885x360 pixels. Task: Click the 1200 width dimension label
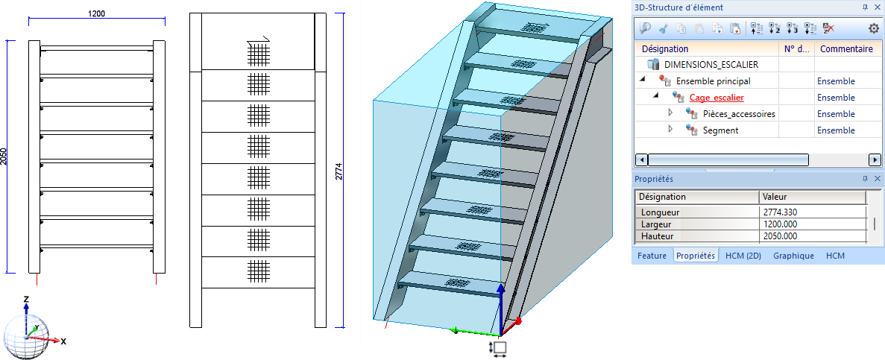point(96,13)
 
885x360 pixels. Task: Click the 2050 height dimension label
point(4,157)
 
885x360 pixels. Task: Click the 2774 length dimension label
point(339,171)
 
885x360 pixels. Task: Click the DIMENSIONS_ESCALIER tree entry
point(711,65)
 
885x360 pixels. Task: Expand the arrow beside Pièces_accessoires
point(670,113)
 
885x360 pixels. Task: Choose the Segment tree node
point(720,130)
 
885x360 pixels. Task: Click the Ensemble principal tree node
point(714,81)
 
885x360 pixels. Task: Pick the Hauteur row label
point(657,236)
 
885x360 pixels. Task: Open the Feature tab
point(652,256)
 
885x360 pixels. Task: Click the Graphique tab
point(793,256)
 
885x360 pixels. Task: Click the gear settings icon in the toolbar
point(874,28)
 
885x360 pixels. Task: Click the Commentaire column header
point(846,49)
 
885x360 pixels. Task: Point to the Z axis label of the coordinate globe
point(26,300)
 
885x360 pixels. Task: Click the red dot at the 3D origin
point(518,320)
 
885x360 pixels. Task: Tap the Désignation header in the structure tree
point(665,49)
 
